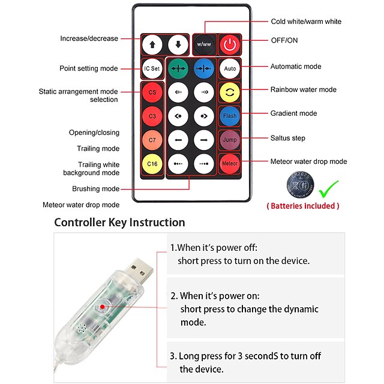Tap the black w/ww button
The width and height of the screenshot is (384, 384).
[x=202, y=44]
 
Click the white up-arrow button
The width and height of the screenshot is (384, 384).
[x=152, y=44]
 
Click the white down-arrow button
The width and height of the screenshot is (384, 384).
[x=177, y=44]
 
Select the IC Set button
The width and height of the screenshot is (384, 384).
[x=152, y=68]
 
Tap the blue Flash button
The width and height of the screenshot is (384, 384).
[x=229, y=115]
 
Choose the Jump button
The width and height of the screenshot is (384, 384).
[x=229, y=139]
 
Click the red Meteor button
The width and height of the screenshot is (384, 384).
[x=229, y=163]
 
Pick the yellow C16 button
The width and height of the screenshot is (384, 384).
[x=152, y=163]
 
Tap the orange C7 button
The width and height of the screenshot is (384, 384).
[x=152, y=139]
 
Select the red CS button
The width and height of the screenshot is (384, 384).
[x=152, y=92]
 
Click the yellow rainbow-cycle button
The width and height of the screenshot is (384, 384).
[x=229, y=92]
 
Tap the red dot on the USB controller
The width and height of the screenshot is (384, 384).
[x=103, y=307]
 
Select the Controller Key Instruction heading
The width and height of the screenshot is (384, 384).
[x=119, y=223]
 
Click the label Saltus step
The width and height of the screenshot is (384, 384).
[x=287, y=138]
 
